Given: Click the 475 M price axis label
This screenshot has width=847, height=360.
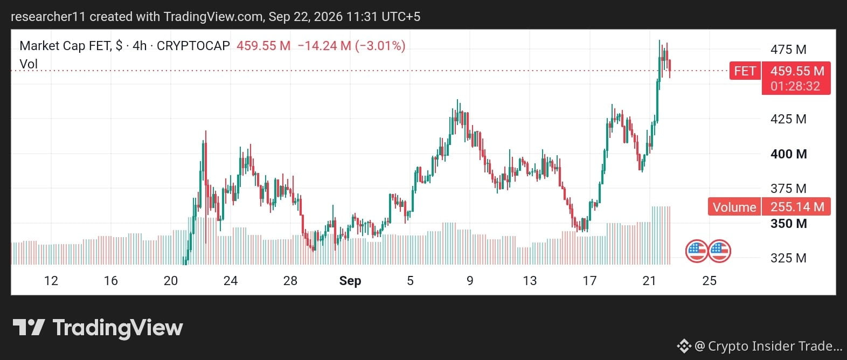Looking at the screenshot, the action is pyautogui.click(x=788, y=50).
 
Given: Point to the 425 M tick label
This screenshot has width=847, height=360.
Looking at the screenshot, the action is pyautogui.click(x=788, y=119).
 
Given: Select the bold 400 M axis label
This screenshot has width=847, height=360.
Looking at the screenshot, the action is pyautogui.click(x=788, y=154).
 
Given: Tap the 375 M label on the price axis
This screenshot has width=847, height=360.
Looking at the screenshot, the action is pyautogui.click(x=788, y=188).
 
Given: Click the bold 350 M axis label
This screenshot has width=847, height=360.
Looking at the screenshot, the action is pyautogui.click(x=788, y=223).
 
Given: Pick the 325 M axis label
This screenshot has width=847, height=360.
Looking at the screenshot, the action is pyautogui.click(x=788, y=258).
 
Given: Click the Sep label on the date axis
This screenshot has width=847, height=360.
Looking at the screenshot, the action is pyautogui.click(x=350, y=281).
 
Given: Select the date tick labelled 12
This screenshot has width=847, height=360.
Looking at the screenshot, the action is pyautogui.click(x=51, y=281).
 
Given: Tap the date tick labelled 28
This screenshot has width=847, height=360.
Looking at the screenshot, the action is pyautogui.click(x=290, y=281).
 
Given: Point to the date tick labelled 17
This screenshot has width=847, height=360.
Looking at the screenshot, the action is pyautogui.click(x=589, y=281).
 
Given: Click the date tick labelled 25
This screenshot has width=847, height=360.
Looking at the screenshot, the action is pyautogui.click(x=710, y=281).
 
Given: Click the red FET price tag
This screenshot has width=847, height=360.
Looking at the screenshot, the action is pyautogui.click(x=745, y=71).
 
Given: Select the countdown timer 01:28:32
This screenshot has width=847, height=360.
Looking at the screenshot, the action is pyautogui.click(x=795, y=86).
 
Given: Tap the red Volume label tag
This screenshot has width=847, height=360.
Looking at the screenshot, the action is pyautogui.click(x=734, y=207).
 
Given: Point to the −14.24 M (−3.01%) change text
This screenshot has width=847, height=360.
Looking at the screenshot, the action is pyautogui.click(x=352, y=46).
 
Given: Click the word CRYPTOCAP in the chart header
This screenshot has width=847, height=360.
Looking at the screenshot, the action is pyautogui.click(x=193, y=46).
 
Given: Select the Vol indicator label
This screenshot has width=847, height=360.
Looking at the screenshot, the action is pyautogui.click(x=29, y=64).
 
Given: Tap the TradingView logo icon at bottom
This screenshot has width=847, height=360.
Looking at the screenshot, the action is pyautogui.click(x=29, y=328).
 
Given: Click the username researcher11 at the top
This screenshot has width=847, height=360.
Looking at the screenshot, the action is pyautogui.click(x=48, y=17).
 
